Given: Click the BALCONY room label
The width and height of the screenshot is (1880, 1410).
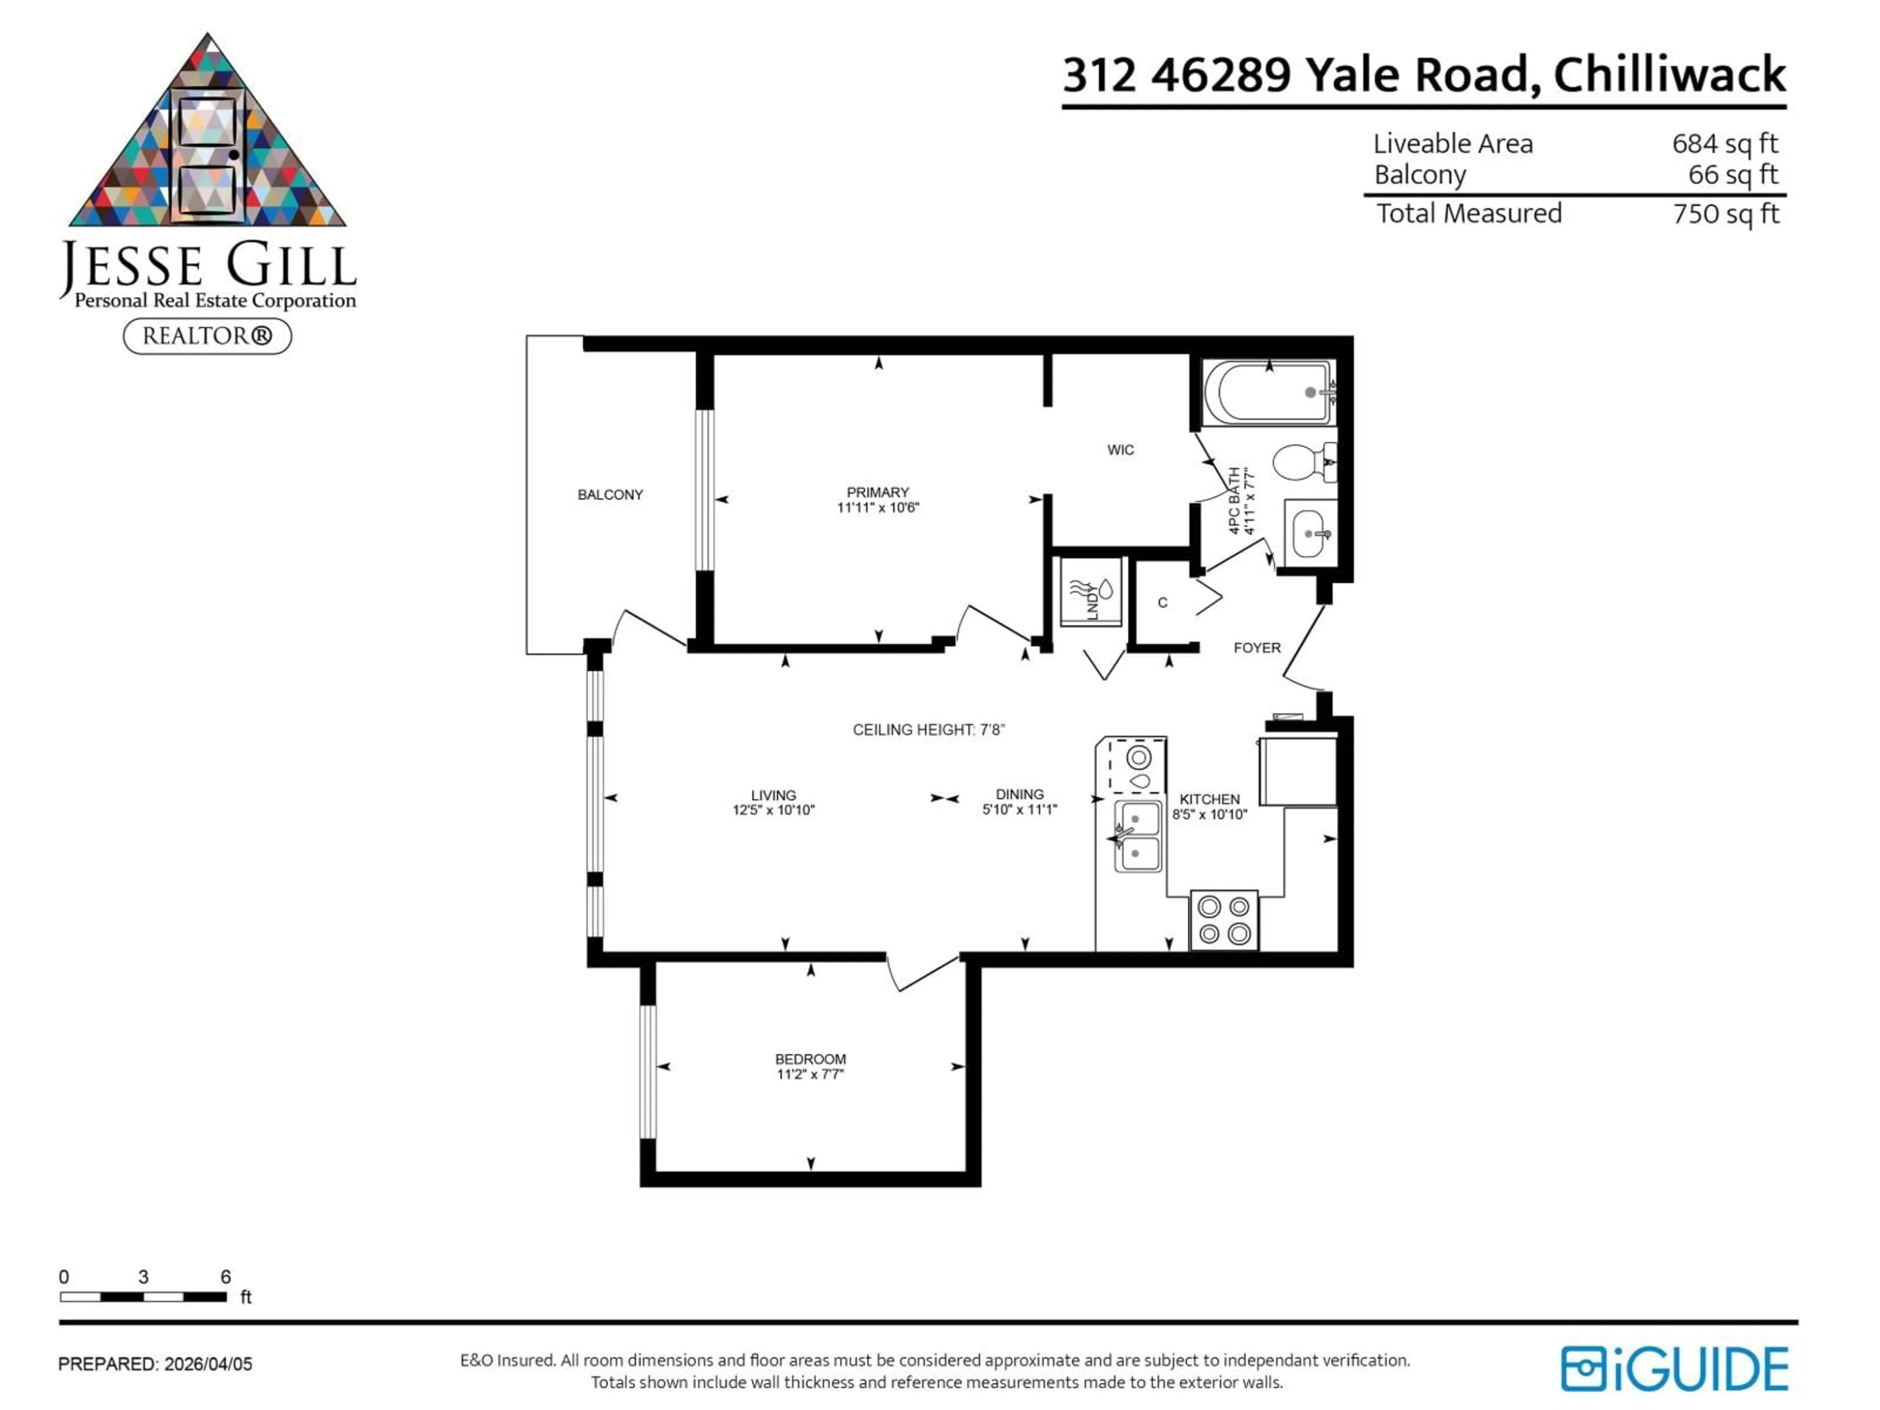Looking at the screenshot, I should click(610, 494).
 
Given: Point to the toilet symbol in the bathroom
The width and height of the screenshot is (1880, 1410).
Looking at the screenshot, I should click(1300, 462).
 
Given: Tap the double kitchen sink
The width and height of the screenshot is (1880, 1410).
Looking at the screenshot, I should click(1137, 836).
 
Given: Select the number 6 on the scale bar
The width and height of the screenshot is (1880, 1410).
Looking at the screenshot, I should click(225, 1276).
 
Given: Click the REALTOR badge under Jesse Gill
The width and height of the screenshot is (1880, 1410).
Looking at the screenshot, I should click(208, 336).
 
